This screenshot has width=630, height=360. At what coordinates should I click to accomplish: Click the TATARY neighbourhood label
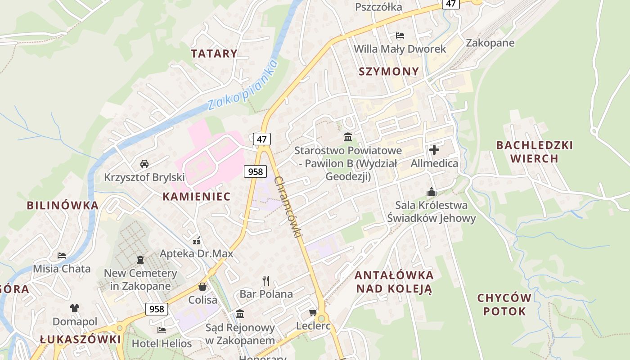(x=214, y=54)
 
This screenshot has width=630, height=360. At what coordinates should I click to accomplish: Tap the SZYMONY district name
(x=389, y=71)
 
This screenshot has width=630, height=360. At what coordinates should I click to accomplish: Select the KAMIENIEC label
(x=196, y=196)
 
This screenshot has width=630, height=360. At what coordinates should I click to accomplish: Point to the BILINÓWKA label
(x=63, y=205)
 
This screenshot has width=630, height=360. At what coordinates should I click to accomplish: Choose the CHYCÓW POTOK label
(x=504, y=305)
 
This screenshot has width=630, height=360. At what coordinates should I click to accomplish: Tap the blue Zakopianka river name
(x=243, y=85)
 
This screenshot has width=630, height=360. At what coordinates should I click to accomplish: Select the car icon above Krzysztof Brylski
(x=144, y=163)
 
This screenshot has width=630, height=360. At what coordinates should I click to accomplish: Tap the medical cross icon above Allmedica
(x=434, y=149)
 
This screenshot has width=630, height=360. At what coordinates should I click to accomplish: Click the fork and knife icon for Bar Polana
(x=266, y=281)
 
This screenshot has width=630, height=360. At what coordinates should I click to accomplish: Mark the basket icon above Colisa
(x=202, y=287)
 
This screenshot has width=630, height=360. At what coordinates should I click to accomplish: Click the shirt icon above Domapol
(x=75, y=308)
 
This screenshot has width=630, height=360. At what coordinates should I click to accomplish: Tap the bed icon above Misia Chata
(x=62, y=256)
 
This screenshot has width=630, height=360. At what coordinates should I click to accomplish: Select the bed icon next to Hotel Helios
(x=162, y=330)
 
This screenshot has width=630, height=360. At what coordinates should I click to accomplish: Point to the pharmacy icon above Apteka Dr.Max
(x=196, y=240)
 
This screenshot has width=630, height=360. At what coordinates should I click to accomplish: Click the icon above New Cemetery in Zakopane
(x=140, y=260)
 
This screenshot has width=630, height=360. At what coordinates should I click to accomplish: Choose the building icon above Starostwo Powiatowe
(x=348, y=137)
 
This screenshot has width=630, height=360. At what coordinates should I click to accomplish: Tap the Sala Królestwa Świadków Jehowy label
(x=432, y=211)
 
